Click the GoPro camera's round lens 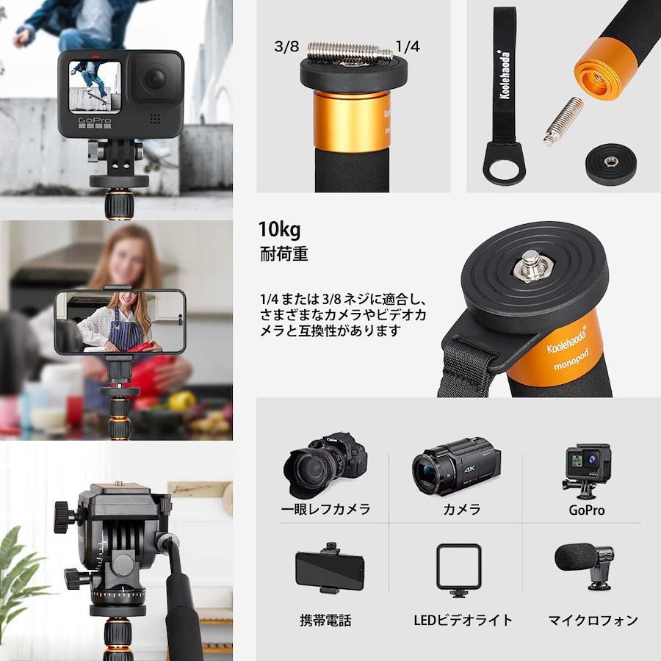click(155, 79)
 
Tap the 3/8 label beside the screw click(286, 46)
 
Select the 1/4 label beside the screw click(408, 46)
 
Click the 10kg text click(280, 230)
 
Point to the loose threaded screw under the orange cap click(563, 121)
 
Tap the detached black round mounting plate click(610, 164)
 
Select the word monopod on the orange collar click(571, 361)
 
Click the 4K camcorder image click(456, 466)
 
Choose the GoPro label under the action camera click(586, 510)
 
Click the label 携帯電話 click(325, 621)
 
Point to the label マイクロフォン click(593, 621)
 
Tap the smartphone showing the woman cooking click(120, 322)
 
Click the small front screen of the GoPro click(95, 87)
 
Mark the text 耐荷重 click(284, 254)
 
